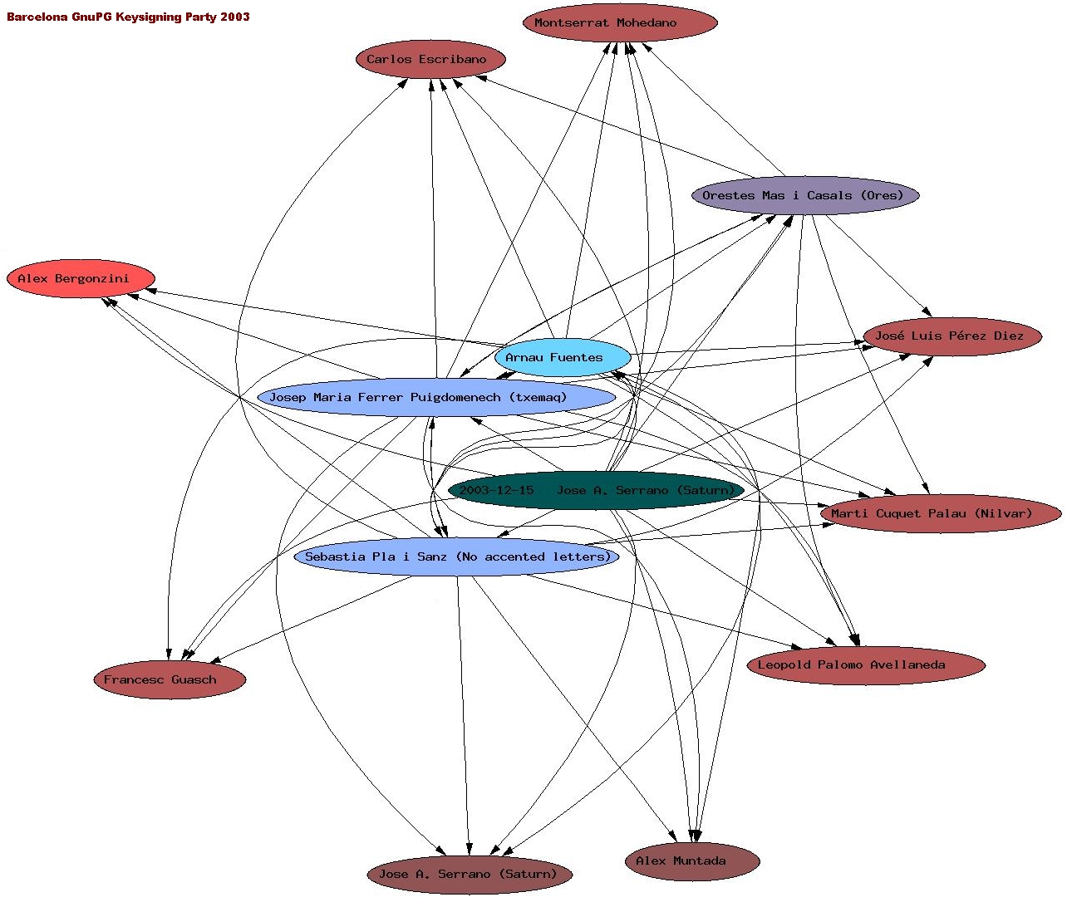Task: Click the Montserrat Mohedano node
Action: click(620, 22)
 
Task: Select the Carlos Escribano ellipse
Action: click(430, 59)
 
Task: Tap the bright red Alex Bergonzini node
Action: click(81, 278)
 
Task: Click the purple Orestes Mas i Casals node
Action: click(804, 195)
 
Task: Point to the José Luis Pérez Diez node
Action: click(952, 336)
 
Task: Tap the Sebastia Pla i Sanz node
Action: click(456, 556)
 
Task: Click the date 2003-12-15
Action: click(496, 490)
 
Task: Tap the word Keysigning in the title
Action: click(147, 17)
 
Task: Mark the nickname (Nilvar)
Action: click(1003, 513)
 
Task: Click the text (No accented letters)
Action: click(533, 556)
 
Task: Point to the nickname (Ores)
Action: click(882, 195)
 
